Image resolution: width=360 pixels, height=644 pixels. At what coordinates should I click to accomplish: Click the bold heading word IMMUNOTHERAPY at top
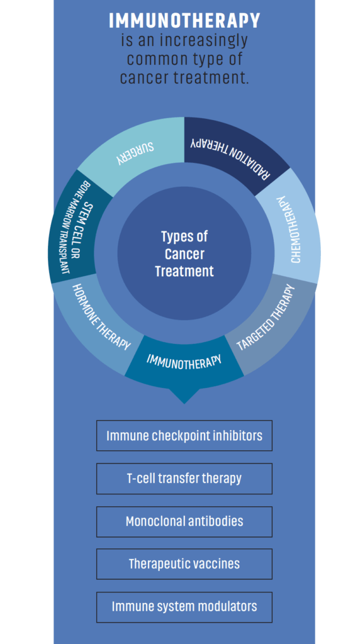[x=184, y=21]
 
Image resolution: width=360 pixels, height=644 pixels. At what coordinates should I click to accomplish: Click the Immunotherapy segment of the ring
[x=184, y=362]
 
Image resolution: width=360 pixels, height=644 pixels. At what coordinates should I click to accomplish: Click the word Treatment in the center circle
[x=184, y=272]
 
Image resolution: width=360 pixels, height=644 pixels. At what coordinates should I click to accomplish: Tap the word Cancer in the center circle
[x=184, y=254]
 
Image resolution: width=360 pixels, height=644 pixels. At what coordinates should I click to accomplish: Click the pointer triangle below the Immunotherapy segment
[x=184, y=395]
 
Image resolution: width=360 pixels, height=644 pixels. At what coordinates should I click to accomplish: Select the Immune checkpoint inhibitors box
[x=184, y=435]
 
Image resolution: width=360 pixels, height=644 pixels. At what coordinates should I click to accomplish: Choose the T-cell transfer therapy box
[x=184, y=479]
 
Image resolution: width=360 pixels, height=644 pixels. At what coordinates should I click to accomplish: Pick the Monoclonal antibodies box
[x=184, y=521]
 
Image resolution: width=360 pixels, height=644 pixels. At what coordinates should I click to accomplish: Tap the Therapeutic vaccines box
[x=184, y=564]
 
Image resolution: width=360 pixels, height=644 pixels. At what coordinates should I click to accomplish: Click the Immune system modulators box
[x=184, y=607]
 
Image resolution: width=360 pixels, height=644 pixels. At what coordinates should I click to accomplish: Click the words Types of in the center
[x=184, y=237]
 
